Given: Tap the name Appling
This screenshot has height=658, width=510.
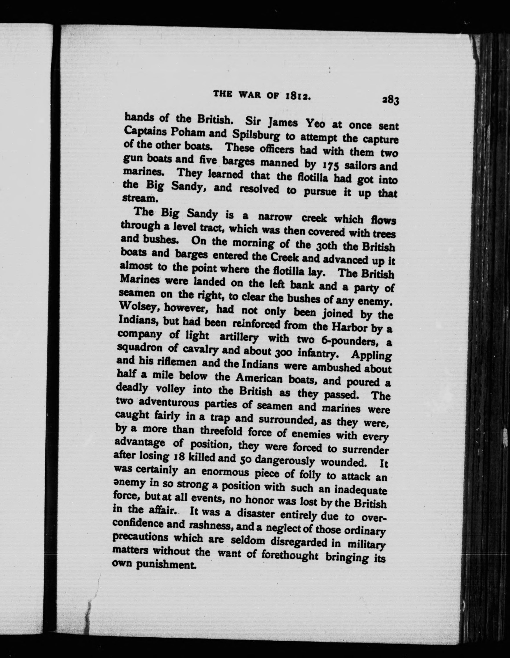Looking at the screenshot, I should coord(371,356).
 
